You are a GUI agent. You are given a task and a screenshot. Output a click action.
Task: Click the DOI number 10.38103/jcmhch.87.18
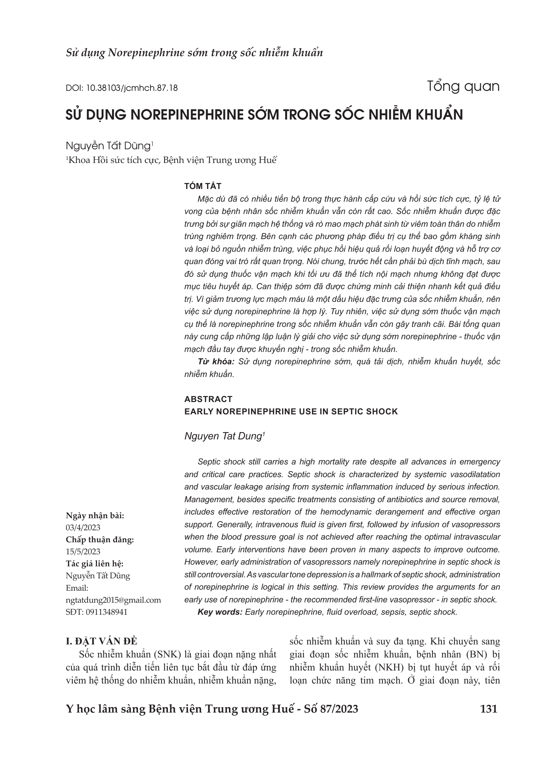[x=132, y=88]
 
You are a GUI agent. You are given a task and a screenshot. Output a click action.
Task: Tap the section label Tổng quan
[x=463, y=86]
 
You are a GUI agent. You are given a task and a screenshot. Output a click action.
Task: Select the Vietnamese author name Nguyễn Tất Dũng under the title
[x=108, y=146]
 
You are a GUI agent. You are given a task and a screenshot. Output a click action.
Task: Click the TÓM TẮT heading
[x=203, y=186]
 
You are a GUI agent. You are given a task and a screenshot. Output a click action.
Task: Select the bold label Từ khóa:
[x=216, y=362]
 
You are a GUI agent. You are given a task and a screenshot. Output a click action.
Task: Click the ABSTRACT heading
[x=208, y=399]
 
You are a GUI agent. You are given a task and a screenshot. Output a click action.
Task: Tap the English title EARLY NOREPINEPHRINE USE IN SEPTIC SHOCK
[x=291, y=412]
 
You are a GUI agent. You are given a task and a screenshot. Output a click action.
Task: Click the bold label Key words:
[x=220, y=612]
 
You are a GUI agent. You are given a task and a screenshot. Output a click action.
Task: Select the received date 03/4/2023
[x=83, y=528]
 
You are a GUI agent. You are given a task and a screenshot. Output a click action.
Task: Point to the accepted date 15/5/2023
[x=83, y=551]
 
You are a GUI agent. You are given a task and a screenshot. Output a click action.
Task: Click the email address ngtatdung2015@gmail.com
[x=113, y=600]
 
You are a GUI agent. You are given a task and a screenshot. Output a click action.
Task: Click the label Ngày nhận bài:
[x=95, y=516]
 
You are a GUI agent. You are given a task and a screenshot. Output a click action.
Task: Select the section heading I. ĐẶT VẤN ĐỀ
[x=101, y=641]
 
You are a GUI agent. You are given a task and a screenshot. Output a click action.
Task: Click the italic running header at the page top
[x=194, y=53]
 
